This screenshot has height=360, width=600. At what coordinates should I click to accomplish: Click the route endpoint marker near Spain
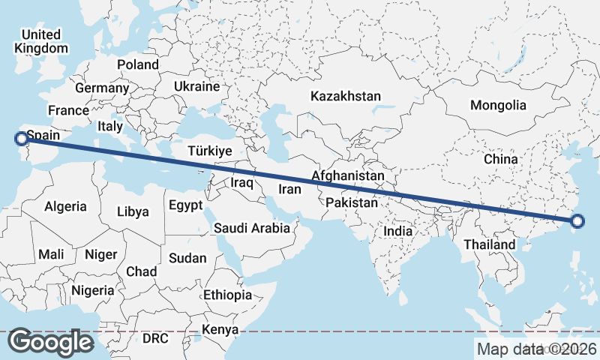[21, 138]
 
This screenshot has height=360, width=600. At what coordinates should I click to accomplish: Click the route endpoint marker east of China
[577, 220]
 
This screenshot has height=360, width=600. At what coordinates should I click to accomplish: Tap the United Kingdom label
[40, 41]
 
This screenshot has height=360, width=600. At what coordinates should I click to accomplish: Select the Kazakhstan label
[345, 97]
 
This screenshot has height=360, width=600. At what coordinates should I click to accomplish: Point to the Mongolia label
[499, 105]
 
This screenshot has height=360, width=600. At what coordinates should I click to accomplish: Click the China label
[500, 159]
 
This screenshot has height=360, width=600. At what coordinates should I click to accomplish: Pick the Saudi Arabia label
[252, 228]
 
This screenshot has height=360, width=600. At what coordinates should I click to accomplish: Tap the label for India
[398, 232]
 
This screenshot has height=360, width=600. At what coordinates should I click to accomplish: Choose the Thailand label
[490, 244]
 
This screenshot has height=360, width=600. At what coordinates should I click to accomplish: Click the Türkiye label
[210, 151]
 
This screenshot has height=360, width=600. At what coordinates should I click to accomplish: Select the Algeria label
[66, 206]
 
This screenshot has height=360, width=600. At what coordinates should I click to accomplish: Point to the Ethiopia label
[227, 295]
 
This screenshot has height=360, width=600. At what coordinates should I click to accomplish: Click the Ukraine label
[196, 87]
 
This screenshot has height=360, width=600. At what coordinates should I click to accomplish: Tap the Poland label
[137, 64]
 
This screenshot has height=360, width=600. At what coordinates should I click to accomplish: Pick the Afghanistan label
[348, 176]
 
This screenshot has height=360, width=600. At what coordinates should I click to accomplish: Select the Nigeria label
[93, 290]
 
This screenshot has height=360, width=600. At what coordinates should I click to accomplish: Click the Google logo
[51, 342]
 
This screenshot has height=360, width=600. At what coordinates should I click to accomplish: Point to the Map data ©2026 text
[536, 348]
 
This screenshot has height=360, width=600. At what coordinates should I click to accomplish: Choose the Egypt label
[185, 205]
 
